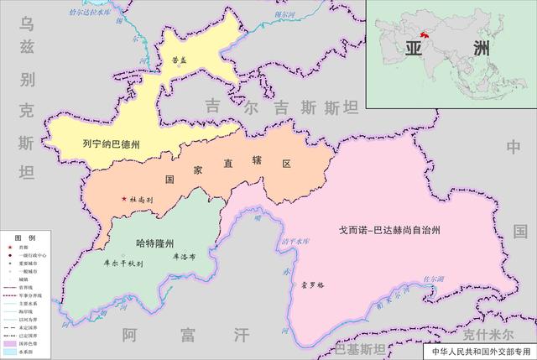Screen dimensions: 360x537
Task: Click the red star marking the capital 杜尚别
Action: [x=124, y=199]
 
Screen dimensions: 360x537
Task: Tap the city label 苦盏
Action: [x=180, y=60]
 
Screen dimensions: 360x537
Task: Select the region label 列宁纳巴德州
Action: [x=112, y=143]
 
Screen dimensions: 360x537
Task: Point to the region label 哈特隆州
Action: [x=154, y=243]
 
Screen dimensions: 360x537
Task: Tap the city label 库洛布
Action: [x=184, y=258]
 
